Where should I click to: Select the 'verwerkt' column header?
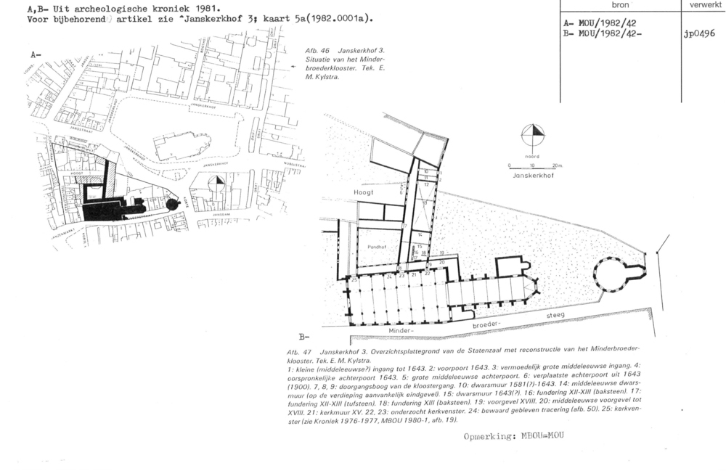pos(703,5)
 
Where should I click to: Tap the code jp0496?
pos(699,33)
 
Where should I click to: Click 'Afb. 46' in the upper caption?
pos(319,51)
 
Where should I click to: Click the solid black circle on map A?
pos(172,204)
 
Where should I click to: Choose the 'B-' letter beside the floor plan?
pos(303,337)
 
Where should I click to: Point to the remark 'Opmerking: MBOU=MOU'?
pos(513,437)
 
